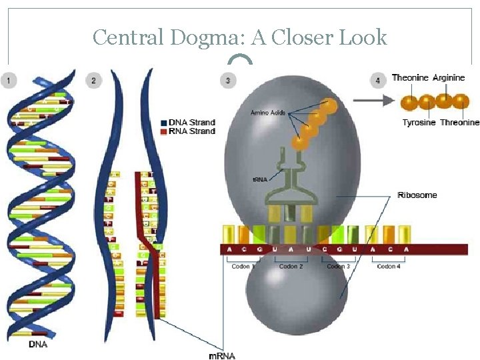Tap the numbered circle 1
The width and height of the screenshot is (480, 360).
[9, 81]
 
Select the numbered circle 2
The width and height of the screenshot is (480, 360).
[93, 81]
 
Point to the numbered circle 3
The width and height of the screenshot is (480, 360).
[228, 81]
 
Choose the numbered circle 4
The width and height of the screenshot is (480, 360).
[378, 81]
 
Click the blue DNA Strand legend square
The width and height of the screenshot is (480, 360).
[164, 123]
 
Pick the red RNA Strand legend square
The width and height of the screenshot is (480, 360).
[164, 131]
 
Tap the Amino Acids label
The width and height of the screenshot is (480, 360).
[268, 113]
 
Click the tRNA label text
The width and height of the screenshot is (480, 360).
[259, 178]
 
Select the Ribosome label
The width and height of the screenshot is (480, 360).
[417, 195]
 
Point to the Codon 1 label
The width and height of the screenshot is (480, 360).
[241, 267]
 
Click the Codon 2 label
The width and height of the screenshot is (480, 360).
[291, 267]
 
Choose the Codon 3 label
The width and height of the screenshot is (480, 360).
[339, 267]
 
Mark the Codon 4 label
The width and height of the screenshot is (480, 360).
[389, 267]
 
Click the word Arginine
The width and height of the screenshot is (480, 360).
[449, 78]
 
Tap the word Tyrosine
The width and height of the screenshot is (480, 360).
[419, 123]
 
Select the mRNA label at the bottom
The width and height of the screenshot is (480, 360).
[222, 355]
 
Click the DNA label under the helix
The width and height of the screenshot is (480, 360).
[38, 345]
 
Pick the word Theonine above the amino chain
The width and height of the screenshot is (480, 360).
[410, 78]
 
